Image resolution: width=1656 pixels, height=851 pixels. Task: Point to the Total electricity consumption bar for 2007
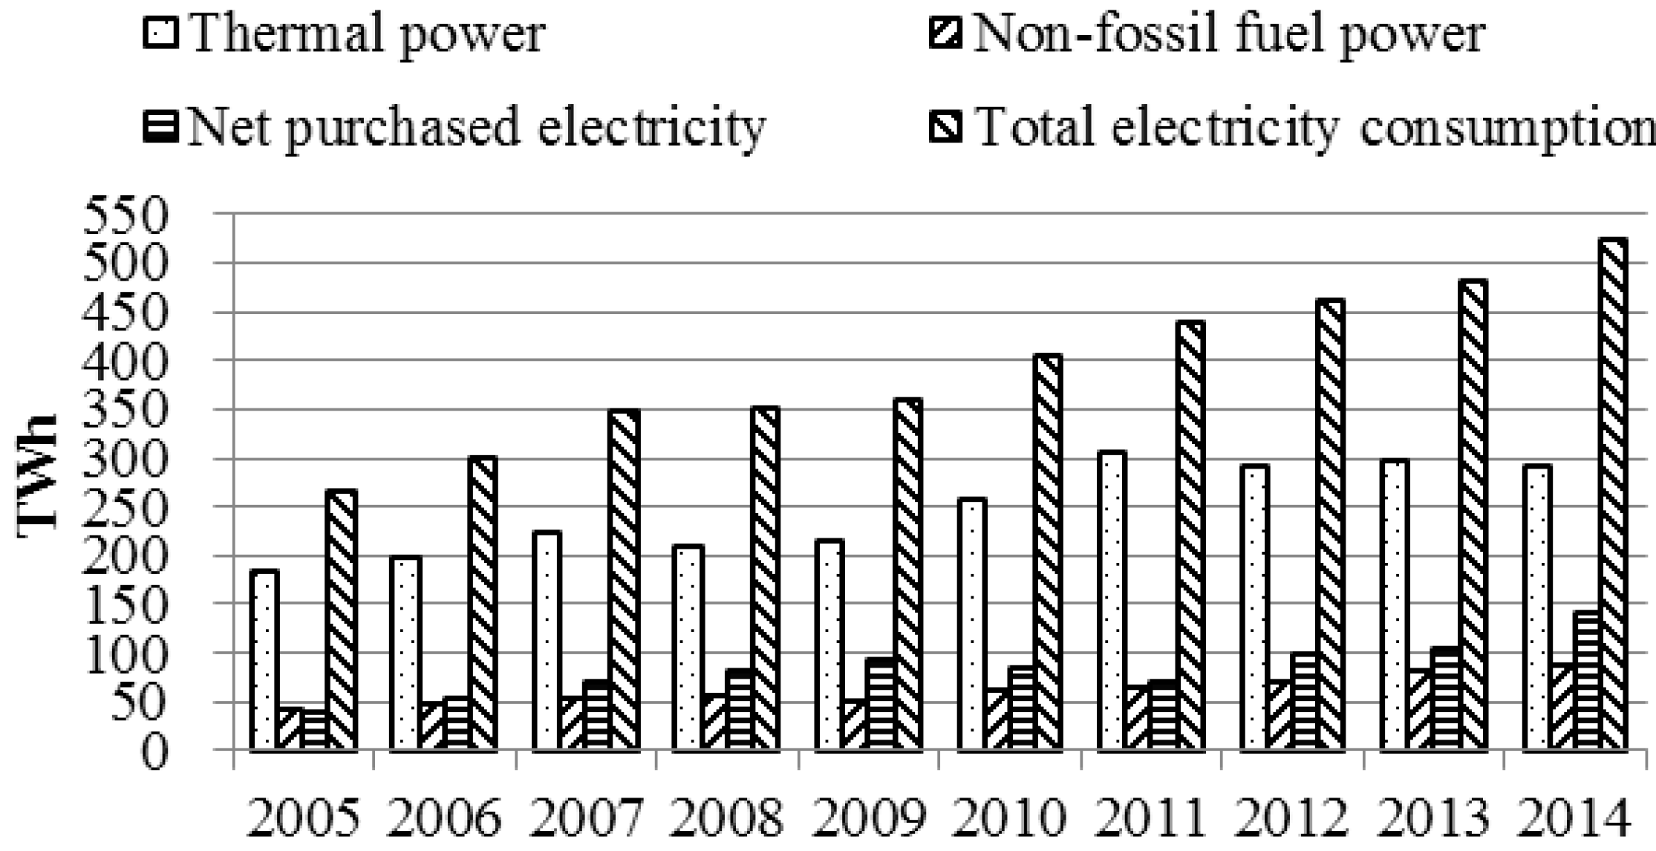point(625,579)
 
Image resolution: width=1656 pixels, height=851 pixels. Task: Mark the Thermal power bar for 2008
point(688,647)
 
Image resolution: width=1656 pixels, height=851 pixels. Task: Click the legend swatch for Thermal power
point(160,33)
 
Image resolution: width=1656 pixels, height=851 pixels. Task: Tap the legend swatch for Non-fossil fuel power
point(945,33)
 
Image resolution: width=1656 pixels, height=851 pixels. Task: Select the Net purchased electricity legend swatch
point(160,127)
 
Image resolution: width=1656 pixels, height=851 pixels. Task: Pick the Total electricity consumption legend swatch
point(945,127)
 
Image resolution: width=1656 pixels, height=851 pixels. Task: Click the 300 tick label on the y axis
point(127,458)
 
